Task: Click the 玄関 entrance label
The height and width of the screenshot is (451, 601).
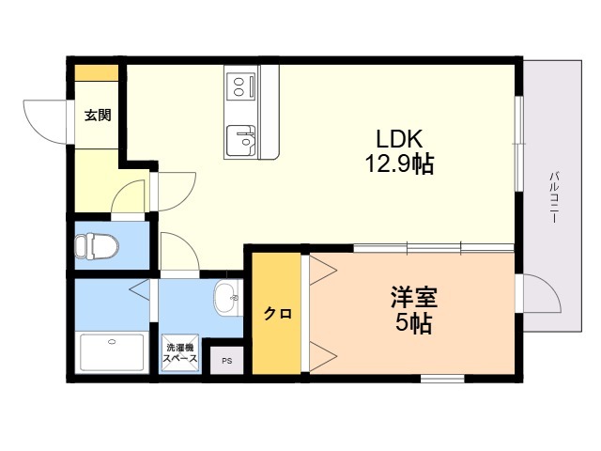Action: pyautogui.click(x=98, y=115)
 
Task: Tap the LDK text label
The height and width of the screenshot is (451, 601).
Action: pyautogui.click(x=399, y=139)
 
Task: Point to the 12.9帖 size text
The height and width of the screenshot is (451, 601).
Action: pyautogui.click(x=399, y=164)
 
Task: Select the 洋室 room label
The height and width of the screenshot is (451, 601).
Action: pyautogui.click(x=413, y=298)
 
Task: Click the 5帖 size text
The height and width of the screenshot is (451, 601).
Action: pyautogui.click(x=413, y=324)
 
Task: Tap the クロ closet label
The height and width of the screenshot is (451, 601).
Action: pyautogui.click(x=278, y=314)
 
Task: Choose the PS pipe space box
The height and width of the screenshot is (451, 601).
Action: pyautogui.click(x=227, y=361)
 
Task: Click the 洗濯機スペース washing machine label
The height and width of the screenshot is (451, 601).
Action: pyautogui.click(x=179, y=353)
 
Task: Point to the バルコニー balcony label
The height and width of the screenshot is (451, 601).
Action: pyautogui.click(x=553, y=198)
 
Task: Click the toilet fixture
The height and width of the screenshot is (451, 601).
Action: pyautogui.click(x=97, y=245)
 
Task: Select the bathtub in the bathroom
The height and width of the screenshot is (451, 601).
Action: pyautogui.click(x=112, y=352)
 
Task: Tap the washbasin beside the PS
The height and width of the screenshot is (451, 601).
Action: pyautogui.click(x=228, y=298)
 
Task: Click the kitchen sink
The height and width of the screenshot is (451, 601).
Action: pyautogui.click(x=240, y=140)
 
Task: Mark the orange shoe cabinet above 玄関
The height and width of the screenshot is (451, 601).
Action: pyautogui.click(x=96, y=73)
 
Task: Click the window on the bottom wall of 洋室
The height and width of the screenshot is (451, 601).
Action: pyautogui.click(x=442, y=379)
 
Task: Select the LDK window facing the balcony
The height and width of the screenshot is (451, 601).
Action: pyautogui.click(x=518, y=143)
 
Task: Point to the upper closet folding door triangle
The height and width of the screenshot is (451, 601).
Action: pyautogui.click(x=322, y=271)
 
